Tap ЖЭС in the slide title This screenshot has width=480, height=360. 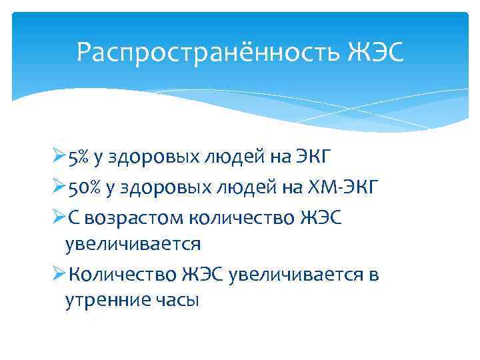click(375, 51)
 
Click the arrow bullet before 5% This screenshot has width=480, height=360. click(57, 158)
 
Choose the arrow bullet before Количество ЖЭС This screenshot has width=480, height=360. click(57, 273)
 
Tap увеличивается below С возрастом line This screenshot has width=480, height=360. click(132, 243)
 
